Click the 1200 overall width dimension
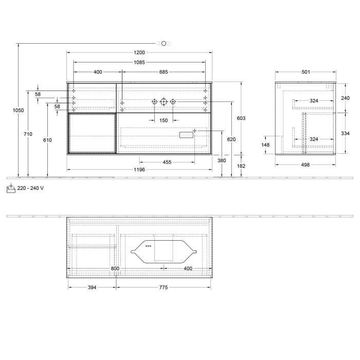[x=139, y=52]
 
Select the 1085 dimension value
[x=139, y=62]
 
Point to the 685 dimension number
[x=164, y=72]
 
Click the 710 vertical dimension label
[x=28, y=134]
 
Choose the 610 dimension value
[x=47, y=140]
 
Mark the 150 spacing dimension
[x=164, y=120]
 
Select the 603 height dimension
[x=241, y=118]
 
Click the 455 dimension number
[x=167, y=163]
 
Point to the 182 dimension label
[x=241, y=166]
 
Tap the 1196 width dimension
[x=139, y=169]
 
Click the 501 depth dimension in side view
[x=305, y=72]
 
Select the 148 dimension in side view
[x=266, y=145]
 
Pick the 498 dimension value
[x=305, y=165]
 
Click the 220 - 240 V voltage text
[x=30, y=188]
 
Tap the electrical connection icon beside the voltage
[x=11, y=188]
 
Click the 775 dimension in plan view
[x=163, y=287]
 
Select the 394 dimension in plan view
[x=92, y=287]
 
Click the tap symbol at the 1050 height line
[x=164, y=43]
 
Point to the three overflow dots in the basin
[x=149, y=246]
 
